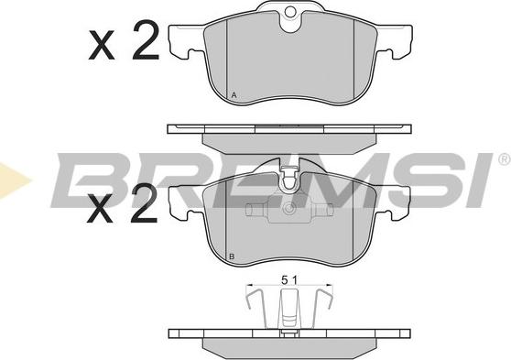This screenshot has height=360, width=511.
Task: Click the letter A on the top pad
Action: click(234, 95)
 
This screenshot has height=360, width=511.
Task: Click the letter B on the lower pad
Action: click(232, 256)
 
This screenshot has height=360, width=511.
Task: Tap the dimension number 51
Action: click(289, 280)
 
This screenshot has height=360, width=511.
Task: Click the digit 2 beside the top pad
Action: click(146, 39)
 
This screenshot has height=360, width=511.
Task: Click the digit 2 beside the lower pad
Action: click(144, 202)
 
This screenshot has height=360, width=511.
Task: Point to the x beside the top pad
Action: click(102, 45)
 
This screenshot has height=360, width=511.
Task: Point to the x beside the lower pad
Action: click(100, 208)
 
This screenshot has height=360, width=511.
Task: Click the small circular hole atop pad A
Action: click(289, 12)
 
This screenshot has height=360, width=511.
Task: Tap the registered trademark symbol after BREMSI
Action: click(504, 158)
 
